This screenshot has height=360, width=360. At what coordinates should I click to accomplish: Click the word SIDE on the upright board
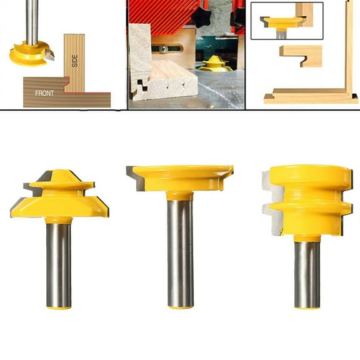(75, 61)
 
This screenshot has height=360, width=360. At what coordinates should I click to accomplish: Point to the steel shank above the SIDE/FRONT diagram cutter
(31, 22)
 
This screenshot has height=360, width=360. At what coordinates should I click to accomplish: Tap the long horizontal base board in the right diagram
(310, 97)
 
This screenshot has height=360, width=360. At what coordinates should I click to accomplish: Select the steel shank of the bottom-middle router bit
(179, 250)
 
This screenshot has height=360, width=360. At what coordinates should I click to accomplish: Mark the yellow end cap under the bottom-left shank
(59, 307)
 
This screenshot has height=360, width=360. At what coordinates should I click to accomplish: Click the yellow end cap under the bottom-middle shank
(180, 306)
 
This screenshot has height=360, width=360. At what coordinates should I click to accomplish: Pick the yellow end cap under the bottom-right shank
(307, 306)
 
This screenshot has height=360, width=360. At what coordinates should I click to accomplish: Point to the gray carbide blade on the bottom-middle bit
(135, 178)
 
